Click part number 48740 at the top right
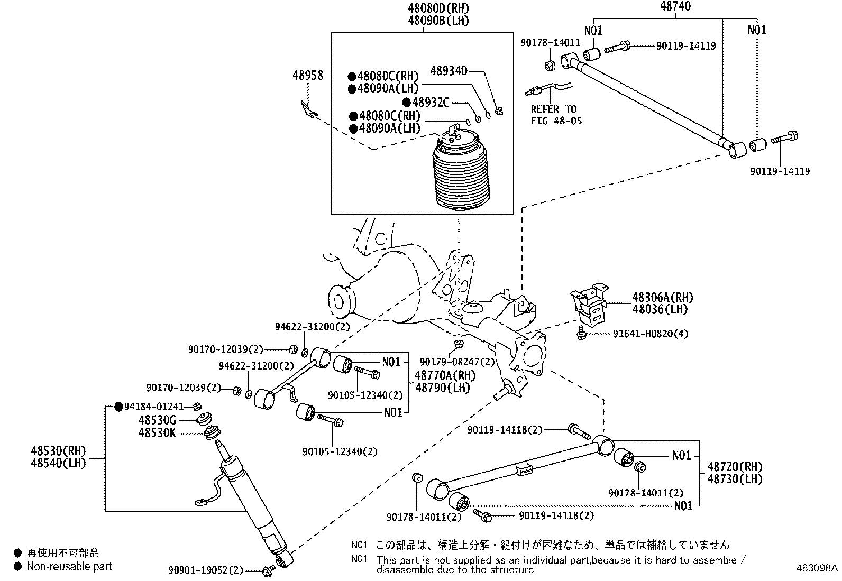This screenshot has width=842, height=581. pyautogui.click(x=675, y=6)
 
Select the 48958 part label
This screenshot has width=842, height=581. pyautogui.click(x=308, y=76)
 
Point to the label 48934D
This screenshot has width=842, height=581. pyautogui.click(x=449, y=70)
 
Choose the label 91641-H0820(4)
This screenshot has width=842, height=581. pyautogui.click(x=651, y=334)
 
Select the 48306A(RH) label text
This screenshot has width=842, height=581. pyautogui.click(x=662, y=298)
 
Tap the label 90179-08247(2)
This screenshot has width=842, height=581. pyautogui.click(x=457, y=362)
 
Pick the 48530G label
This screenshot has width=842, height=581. pyautogui.click(x=157, y=420)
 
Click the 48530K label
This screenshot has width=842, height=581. pyautogui.click(x=157, y=433)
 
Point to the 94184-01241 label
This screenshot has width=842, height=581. pyautogui.click(x=153, y=407)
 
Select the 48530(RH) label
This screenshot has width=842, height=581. pyautogui.click(x=58, y=451)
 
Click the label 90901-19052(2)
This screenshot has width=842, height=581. pyautogui.click(x=206, y=570)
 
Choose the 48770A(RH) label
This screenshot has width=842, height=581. pyautogui.click(x=445, y=375)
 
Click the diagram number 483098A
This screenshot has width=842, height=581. pyautogui.click(x=818, y=568)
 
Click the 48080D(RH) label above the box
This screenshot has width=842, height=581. pyautogui.click(x=438, y=8)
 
